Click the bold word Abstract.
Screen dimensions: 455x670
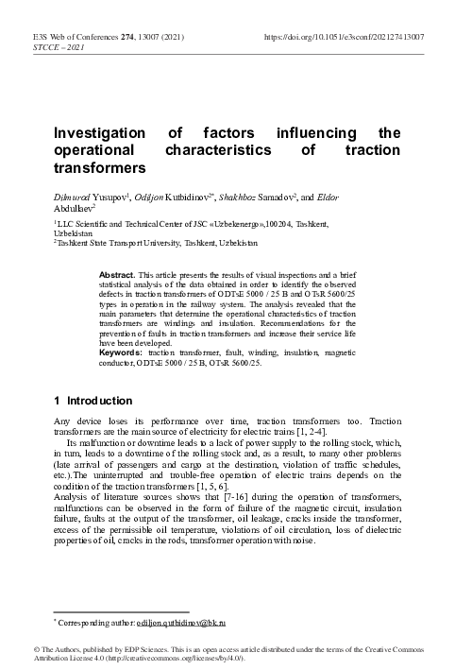[117, 273]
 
